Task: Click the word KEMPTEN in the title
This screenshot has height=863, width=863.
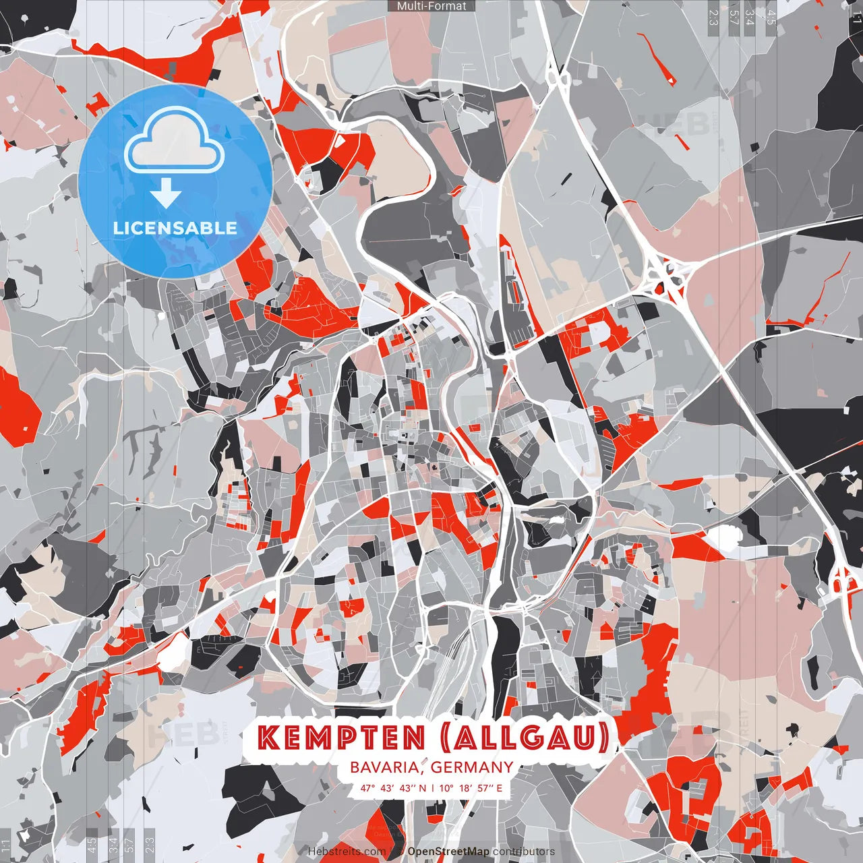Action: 343,738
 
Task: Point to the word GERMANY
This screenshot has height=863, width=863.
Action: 472,767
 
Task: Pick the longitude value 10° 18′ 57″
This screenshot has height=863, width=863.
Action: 466,787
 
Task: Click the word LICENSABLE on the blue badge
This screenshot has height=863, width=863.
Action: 175,228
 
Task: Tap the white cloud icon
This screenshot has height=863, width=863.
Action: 175,142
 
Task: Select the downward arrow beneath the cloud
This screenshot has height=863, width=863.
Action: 166,195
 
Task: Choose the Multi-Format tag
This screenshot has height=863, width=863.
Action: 431,6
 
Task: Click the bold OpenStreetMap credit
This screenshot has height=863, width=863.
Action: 448,852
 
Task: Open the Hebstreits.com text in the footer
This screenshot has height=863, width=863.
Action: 347,852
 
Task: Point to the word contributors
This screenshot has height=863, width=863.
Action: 523,852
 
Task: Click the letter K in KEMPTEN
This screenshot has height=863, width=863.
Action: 269,738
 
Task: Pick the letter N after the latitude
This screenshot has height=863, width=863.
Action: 422,787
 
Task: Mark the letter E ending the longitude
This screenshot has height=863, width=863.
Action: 499,787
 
